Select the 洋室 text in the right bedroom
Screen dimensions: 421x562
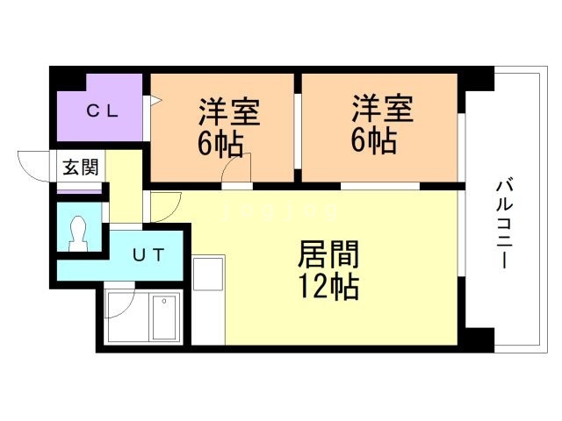click(x=381, y=111)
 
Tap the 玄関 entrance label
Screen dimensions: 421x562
click(x=80, y=167)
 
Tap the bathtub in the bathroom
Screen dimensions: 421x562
click(x=164, y=317)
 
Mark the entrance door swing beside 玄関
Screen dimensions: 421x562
click(x=33, y=166)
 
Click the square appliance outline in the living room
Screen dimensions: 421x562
click(x=209, y=273)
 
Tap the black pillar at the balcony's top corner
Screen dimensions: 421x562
click(x=477, y=80)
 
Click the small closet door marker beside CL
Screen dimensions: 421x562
click(x=152, y=102)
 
